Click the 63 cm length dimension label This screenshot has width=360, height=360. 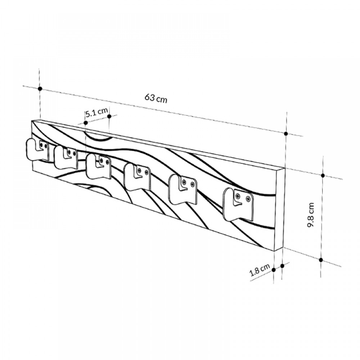pos(156,98)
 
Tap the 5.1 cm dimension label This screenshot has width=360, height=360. pos(96,112)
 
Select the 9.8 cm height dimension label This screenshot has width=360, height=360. pos(311,215)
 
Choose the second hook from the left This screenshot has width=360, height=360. pos(66,157)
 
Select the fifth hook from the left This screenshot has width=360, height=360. pos(183,189)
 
